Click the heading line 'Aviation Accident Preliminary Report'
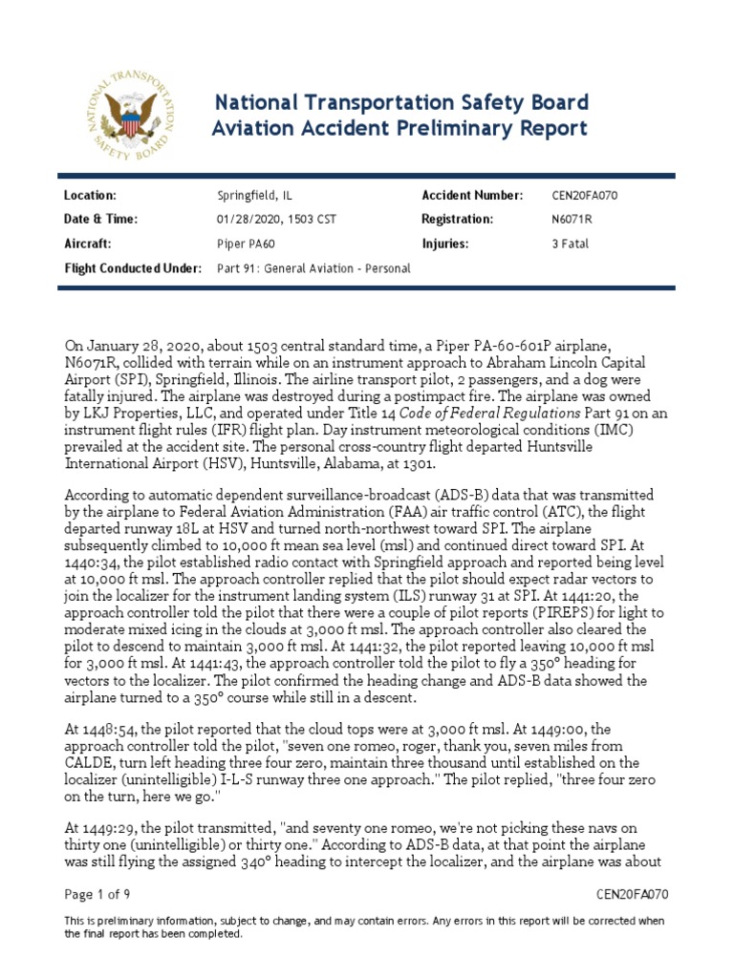tap(399, 129)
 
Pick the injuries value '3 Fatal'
tap(571, 244)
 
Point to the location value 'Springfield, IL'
tap(255, 196)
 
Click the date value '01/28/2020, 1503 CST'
tap(277, 220)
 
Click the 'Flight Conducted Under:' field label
tap(133, 268)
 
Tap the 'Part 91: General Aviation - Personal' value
tap(313, 268)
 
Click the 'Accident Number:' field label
tap(472, 196)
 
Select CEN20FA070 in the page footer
tap(632, 895)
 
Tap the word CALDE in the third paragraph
tap(91, 763)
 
